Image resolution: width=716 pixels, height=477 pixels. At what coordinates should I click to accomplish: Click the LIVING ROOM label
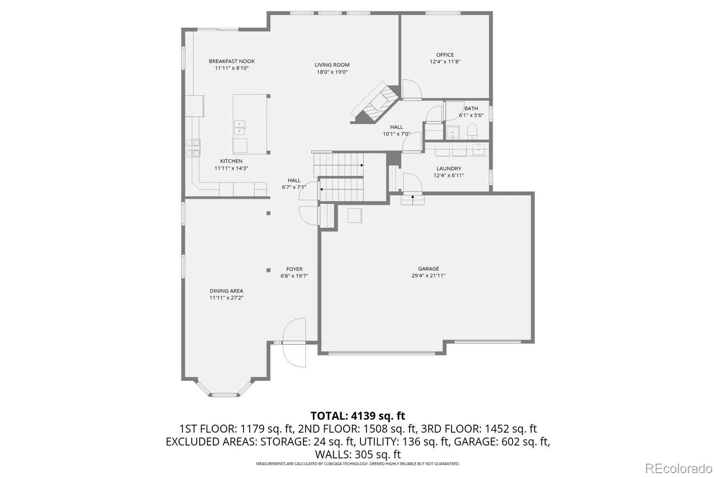coord(332,65)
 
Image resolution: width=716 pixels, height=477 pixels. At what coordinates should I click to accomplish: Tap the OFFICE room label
coord(445,55)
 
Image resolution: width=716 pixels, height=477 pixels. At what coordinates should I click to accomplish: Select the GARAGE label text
coord(428,269)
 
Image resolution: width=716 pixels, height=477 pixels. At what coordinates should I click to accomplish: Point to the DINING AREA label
coord(226,291)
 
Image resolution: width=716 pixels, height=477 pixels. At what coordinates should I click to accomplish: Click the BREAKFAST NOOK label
coord(232,61)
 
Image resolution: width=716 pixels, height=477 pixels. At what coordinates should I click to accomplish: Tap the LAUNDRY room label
coord(449,168)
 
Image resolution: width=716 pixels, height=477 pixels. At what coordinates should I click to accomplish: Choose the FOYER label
coord(294,269)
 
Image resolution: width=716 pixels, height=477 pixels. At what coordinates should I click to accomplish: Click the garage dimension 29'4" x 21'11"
coord(428,275)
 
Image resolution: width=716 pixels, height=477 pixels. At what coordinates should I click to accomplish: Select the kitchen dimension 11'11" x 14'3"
coord(231,168)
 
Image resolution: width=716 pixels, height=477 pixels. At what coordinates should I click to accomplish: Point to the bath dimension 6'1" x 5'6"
coord(471,115)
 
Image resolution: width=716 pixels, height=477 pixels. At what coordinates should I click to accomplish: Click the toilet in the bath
coord(472,131)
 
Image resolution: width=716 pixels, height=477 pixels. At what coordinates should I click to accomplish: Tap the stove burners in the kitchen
coord(193,148)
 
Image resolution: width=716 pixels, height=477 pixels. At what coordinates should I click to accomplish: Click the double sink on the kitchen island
coord(240,128)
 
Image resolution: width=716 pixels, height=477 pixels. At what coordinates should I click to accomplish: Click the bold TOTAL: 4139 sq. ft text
coord(358,415)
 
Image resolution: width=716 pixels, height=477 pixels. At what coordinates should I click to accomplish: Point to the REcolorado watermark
coord(680,468)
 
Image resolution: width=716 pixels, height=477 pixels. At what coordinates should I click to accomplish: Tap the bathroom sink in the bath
coord(453,132)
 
